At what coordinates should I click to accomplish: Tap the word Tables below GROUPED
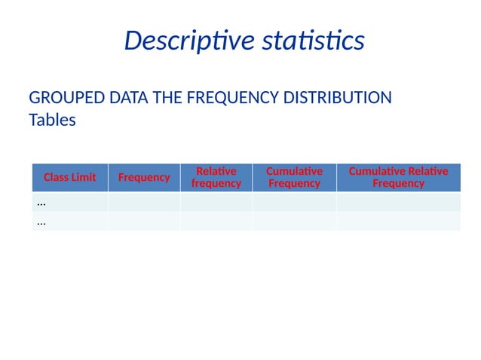click(x=52, y=120)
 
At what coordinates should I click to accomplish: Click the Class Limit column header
click(x=69, y=178)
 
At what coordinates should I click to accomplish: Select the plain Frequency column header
click(x=143, y=178)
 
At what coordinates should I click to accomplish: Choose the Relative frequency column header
click(x=216, y=178)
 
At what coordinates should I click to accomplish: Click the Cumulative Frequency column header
click(x=294, y=178)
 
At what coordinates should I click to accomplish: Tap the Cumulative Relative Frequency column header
click(x=398, y=178)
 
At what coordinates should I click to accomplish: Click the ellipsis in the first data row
click(x=41, y=203)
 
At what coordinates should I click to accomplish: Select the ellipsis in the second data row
click(x=41, y=222)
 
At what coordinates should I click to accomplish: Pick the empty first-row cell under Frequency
click(x=143, y=202)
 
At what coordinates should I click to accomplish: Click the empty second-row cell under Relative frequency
click(x=216, y=221)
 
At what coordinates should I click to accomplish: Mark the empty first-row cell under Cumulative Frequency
click(x=294, y=202)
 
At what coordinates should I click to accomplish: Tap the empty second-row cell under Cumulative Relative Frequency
click(x=398, y=221)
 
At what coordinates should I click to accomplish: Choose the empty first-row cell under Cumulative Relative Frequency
click(x=398, y=202)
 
